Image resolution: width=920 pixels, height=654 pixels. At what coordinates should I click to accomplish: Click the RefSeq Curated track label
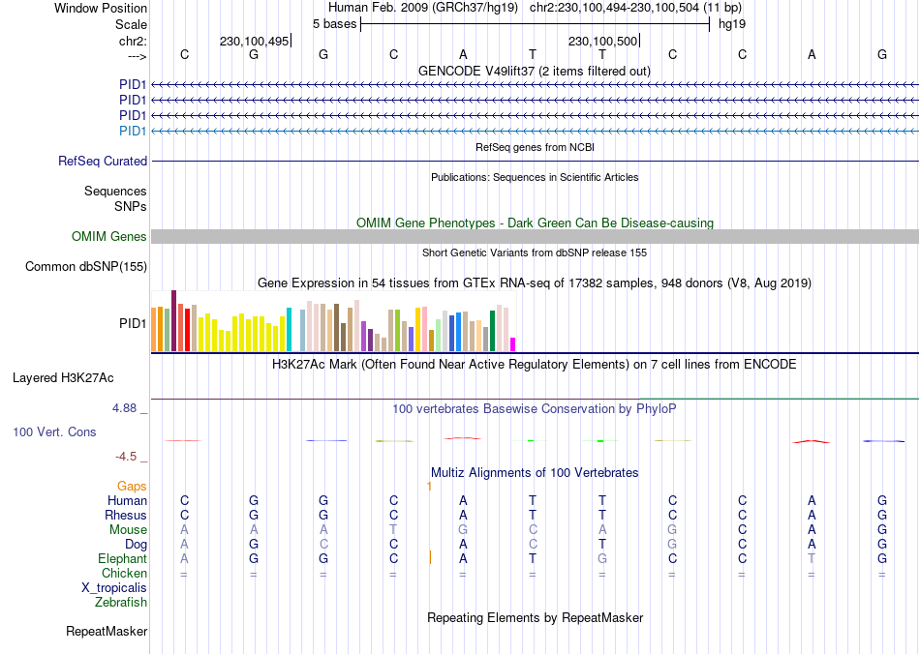103,162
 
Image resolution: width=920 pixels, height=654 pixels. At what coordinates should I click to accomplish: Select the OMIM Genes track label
109,237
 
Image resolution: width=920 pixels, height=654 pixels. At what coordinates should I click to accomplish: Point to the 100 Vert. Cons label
54,432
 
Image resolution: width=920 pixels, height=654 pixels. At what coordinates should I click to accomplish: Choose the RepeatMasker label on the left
107,632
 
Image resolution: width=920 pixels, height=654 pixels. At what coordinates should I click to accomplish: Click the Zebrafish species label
121,603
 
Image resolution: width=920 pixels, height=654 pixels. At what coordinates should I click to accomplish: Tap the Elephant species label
122,559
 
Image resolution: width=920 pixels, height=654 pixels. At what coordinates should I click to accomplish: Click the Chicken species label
124,574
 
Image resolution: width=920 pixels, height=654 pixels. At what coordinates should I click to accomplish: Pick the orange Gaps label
132,486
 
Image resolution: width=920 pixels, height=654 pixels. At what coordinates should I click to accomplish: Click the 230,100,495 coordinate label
254,42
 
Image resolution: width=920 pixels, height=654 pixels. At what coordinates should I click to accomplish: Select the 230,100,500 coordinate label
602,42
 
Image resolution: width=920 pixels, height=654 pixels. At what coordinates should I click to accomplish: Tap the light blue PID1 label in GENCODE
133,131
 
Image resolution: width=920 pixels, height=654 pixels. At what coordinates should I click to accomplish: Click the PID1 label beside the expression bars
133,323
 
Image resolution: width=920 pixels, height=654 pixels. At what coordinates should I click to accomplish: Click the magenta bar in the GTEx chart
513,344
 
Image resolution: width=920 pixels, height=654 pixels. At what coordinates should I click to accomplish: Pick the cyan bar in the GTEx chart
289,330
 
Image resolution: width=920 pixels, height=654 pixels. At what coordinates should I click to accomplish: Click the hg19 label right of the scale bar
731,22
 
